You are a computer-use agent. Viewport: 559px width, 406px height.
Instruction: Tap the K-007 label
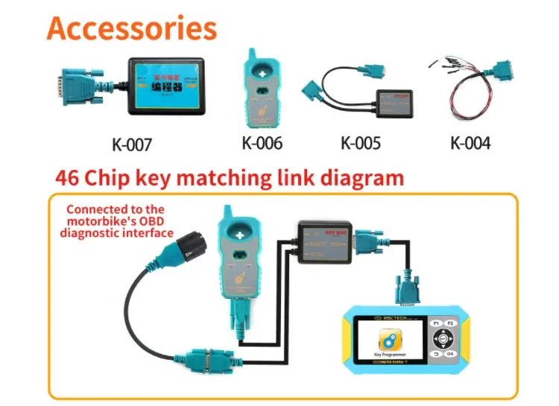132,144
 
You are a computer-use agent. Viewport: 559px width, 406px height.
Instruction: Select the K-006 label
262,142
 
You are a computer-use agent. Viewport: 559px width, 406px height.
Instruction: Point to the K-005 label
361,142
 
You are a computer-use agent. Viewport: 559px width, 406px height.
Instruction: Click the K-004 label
470,142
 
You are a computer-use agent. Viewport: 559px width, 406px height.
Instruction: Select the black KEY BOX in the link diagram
326,241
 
